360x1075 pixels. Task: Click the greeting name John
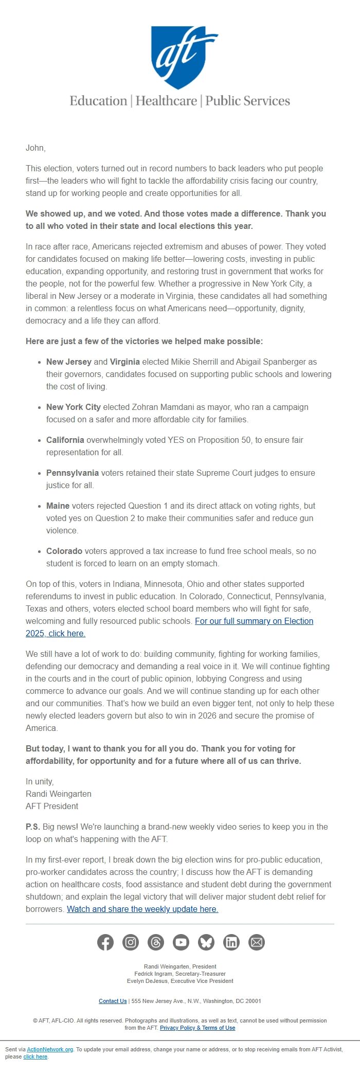[35, 148]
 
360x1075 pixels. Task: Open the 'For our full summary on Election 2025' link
[254, 621]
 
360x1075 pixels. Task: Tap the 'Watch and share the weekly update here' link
[142, 909]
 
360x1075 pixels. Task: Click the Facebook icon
[105, 942]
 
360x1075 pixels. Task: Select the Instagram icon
[131, 942]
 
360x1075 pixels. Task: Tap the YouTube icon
[181, 942]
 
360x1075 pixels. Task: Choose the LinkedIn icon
[231, 942]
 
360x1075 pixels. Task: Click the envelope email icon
[257, 942]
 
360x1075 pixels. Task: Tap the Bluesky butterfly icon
[206, 942]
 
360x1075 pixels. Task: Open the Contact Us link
[113, 1001]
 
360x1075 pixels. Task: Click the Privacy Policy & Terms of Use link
[197, 1028]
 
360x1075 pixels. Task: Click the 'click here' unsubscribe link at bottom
[35, 1056]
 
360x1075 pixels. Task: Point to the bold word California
[65, 440]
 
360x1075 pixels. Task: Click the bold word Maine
[58, 506]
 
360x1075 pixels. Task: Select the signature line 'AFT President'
[52, 806]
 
